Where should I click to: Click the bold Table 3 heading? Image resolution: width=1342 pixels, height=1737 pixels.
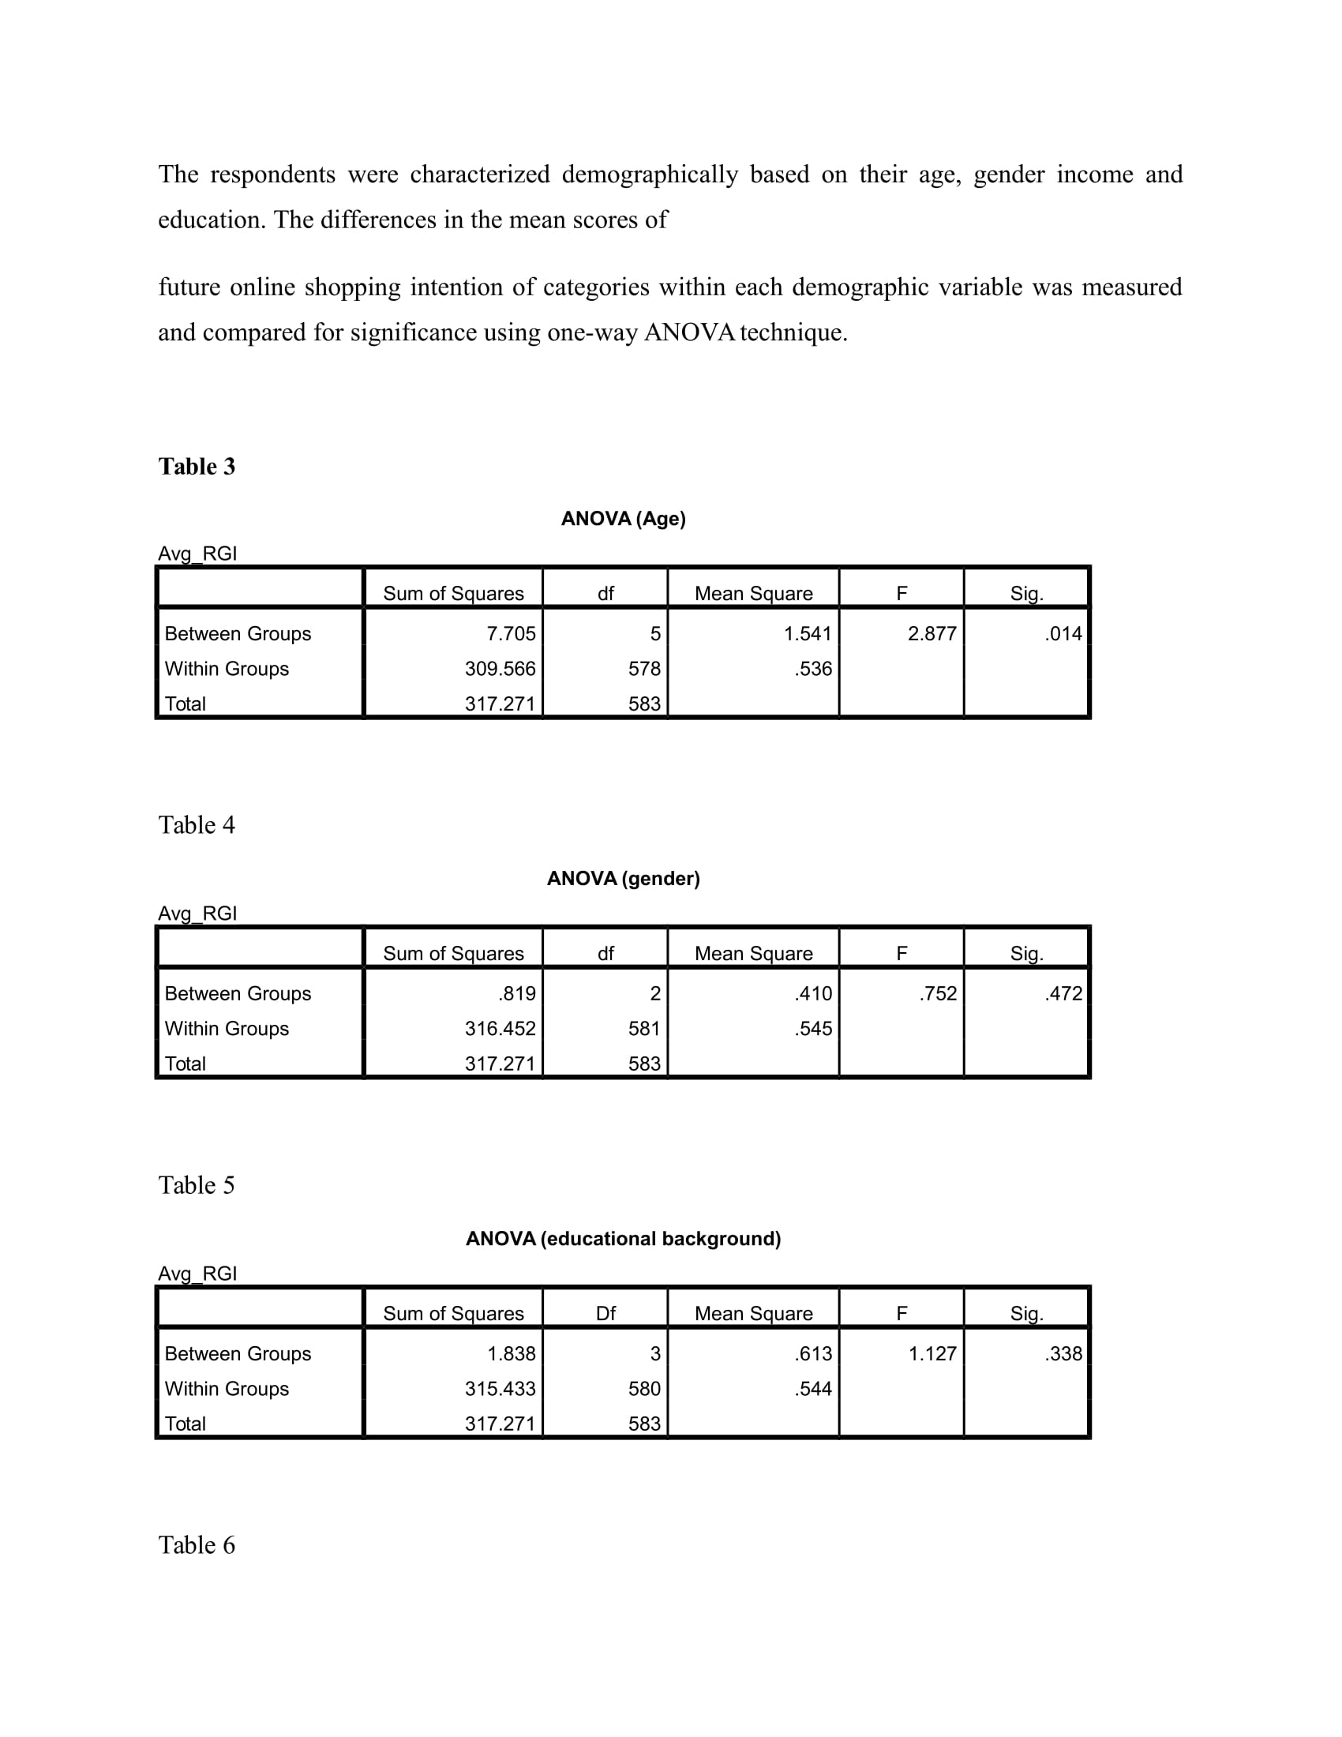197,467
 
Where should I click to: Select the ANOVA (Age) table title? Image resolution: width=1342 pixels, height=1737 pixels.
624,520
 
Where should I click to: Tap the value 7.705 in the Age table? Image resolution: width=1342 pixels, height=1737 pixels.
512,634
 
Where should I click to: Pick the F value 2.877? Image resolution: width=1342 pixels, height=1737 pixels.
932,634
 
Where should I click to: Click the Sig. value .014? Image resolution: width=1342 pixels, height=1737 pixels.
1063,634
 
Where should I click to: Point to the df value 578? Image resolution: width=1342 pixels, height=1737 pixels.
644,669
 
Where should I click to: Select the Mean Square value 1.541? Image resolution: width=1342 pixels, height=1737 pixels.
807,634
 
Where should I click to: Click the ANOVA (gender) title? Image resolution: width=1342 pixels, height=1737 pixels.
624,879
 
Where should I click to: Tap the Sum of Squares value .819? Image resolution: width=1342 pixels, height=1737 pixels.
517,993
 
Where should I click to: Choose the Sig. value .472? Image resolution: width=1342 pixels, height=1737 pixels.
1063,993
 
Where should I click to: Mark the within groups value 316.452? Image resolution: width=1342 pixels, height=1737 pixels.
500,1028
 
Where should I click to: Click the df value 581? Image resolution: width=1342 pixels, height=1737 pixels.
644,1028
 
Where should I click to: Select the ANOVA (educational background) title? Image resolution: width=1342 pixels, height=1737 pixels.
624,1238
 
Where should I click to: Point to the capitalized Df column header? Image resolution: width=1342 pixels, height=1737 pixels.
605,1314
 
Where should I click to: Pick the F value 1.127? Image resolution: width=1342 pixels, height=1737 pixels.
932,1353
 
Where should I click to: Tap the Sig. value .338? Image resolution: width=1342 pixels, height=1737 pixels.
1063,1353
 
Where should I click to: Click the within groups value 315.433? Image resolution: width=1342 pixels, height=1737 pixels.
500,1389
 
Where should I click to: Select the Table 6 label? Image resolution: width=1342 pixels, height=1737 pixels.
197,1545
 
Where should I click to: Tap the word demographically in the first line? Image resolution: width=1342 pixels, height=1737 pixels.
650,174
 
